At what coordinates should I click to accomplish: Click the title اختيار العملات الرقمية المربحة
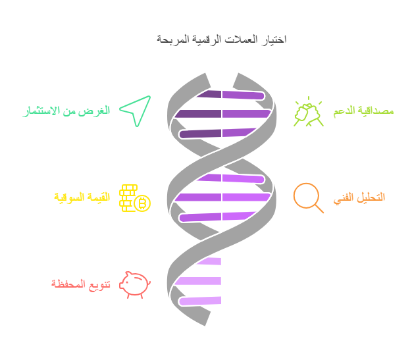click(222, 39)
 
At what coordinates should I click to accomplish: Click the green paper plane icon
click(136, 110)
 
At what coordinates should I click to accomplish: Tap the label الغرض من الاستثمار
click(66, 111)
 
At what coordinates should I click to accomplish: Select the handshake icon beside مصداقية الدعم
click(308, 113)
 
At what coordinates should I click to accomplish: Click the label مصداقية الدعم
click(363, 111)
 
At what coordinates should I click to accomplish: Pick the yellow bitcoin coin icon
click(142, 203)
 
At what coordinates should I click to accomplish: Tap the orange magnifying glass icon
click(307, 196)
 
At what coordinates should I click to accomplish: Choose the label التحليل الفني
click(360, 197)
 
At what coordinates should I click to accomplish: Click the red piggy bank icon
click(134, 284)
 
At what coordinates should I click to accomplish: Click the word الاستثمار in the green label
click(45, 111)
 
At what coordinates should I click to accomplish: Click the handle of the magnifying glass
click(319, 209)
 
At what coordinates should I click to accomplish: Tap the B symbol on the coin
click(142, 204)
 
